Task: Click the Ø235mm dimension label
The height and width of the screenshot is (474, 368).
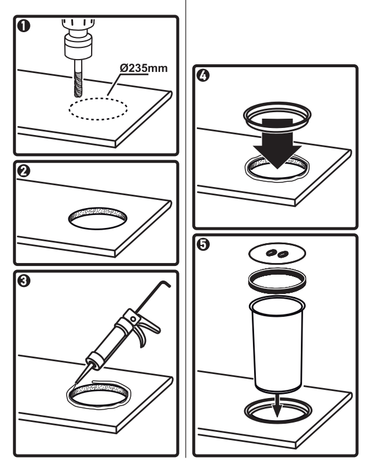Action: (143, 68)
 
